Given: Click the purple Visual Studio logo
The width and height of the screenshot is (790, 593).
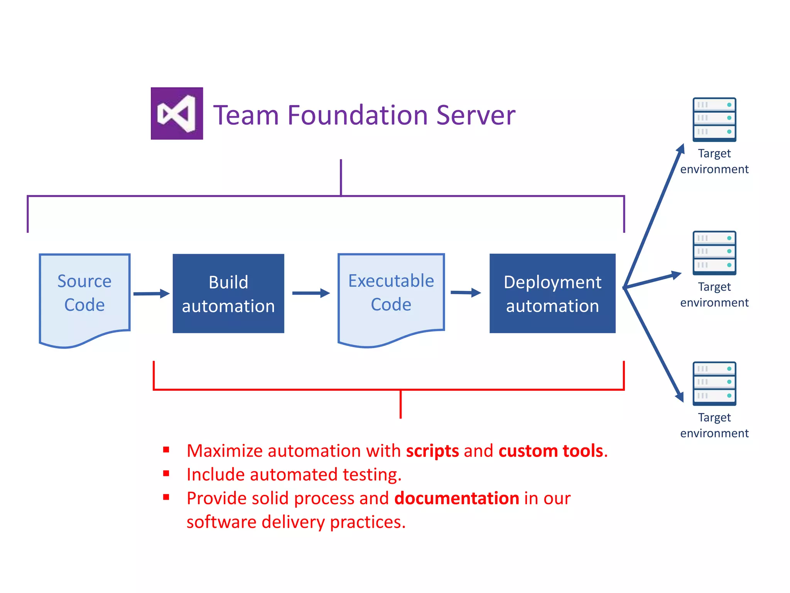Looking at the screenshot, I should [177, 114].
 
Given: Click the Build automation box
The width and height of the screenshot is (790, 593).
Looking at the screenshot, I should [228, 293].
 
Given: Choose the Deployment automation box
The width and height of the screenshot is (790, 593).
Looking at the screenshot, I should [552, 293].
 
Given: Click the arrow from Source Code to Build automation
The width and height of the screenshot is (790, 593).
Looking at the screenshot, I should [151, 294].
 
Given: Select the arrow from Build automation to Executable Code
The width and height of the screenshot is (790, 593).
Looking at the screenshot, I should [311, 293].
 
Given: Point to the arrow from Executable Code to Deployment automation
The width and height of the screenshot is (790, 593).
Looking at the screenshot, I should [466, 293].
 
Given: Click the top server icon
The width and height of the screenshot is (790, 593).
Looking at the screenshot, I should [714, 120].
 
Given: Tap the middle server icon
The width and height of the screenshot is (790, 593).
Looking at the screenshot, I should [714, 253].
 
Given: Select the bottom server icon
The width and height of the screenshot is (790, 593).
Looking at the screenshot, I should [714, 383].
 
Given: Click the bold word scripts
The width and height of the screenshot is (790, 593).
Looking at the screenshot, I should [432, 451].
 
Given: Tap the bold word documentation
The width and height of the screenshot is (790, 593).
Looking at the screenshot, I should [457, 498].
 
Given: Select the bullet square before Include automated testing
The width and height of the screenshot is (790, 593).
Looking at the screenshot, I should [166, 473].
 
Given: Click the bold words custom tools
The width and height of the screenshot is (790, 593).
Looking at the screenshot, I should [551, 451].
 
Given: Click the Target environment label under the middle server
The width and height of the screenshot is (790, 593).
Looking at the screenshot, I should [714, 295].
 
